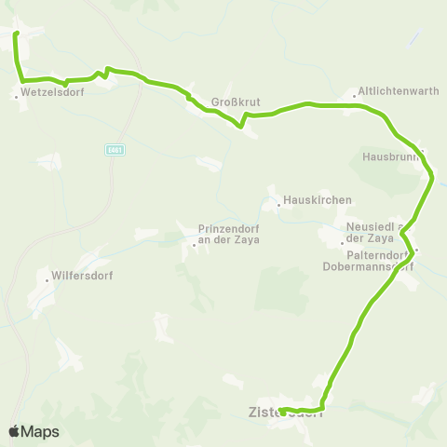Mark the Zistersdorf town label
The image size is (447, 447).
click(285, 413)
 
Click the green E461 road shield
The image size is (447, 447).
click(115, 150)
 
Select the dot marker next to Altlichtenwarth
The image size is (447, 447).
click(355, 93)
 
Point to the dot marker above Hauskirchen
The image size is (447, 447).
click(277, 200)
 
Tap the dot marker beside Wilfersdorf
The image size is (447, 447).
click(47, 278)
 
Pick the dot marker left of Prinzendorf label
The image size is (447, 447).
click(193, 244)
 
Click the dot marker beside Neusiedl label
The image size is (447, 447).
click(342, 243)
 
